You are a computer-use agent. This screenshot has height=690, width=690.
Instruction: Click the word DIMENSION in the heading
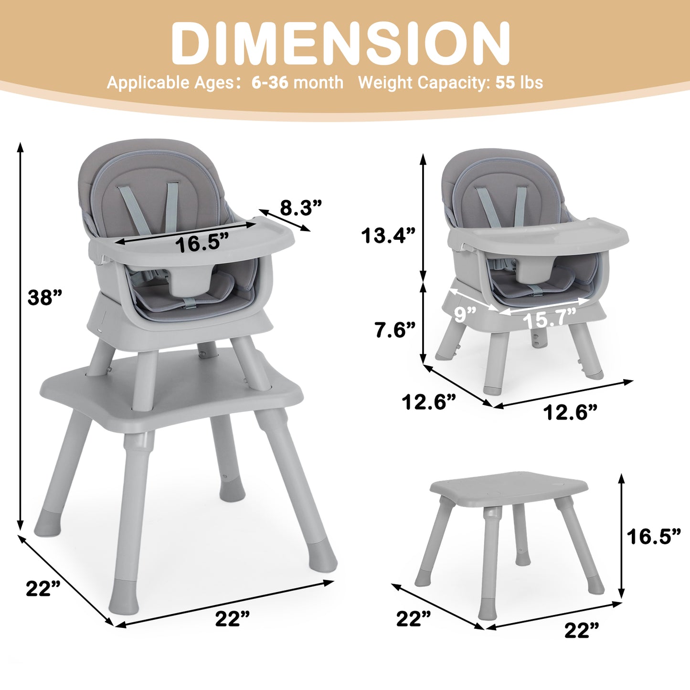click(340, 43)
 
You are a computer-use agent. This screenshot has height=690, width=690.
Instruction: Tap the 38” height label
click(45, 297)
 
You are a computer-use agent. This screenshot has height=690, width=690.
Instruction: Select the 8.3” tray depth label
click(301, 208)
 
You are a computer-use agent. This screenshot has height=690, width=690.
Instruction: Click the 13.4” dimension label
click(388, 235)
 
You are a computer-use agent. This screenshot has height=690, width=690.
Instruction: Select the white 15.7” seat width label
click(550, 318)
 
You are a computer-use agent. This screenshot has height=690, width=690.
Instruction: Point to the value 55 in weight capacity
click(505, 83)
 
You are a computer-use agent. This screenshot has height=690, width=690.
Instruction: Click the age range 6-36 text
click(270, 83)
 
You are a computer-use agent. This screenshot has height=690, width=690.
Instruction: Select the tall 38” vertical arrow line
click(20, 334)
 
